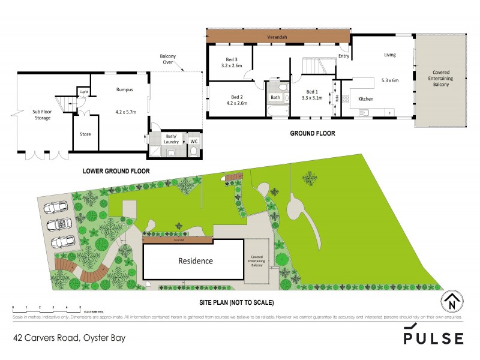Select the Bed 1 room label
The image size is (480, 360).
312,90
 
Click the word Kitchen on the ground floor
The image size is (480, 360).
366,98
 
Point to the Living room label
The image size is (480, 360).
390,55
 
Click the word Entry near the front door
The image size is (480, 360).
344,56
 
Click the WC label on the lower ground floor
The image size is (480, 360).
194,141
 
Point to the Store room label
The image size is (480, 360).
85,134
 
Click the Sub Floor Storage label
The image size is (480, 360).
41,115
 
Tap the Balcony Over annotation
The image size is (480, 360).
167,59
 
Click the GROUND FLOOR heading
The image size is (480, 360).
312,133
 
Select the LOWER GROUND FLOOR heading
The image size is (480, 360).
116,171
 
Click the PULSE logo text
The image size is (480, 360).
433,338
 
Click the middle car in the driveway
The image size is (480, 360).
60,224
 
